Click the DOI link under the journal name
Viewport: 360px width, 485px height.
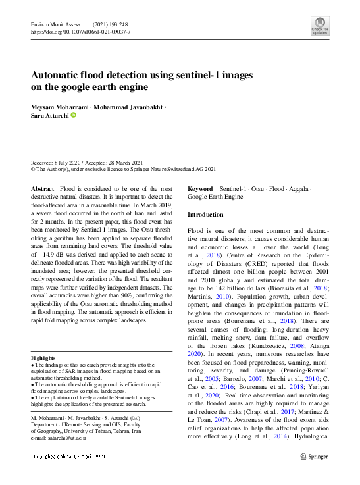tap(80, 31)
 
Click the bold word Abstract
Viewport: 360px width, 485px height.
tap(43, 189)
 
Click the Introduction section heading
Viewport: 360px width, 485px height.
tap(205, 215)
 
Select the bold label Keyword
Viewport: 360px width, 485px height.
tap(200, 188)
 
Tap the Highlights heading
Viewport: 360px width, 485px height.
tap(44, 358)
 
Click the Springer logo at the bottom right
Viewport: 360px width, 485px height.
tap(313, 455)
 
